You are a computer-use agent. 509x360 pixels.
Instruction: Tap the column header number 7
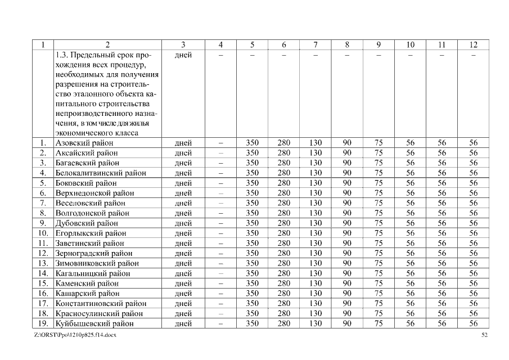coord(316,45)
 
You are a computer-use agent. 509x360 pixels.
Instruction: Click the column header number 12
coord(473,45)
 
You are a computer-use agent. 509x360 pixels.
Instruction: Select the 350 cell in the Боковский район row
coord(253,183)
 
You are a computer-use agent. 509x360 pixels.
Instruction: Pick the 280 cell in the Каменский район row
coord(284,283)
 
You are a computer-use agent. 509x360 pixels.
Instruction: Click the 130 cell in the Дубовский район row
coord(316,223)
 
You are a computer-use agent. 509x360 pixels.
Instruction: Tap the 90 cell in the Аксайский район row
coord(347,153)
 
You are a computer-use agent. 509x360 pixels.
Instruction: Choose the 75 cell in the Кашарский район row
coord(379,293)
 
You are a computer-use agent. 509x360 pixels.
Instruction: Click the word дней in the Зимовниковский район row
coord(183,263)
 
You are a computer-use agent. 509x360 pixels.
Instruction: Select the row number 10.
coord(43,233)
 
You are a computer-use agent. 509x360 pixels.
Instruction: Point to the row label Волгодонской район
coord(92,213)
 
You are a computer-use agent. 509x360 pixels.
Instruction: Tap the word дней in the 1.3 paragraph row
coord(183,55)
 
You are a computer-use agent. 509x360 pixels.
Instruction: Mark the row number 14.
coord(43,273)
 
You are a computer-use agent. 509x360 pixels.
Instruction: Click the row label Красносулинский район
coord(99,313)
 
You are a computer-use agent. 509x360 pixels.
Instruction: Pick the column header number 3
coord(183,45)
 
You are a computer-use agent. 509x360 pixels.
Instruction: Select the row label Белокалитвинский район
coord(101,173)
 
